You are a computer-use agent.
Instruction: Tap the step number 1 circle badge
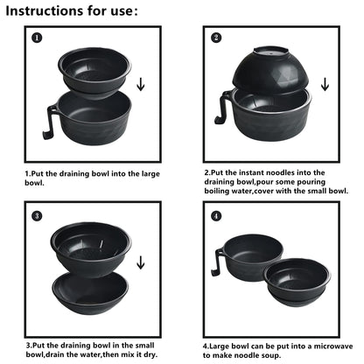(36, 38)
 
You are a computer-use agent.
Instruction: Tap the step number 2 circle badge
(216, 38)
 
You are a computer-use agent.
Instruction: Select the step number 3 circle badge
(36, 215)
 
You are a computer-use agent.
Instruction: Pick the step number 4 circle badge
(216, 215)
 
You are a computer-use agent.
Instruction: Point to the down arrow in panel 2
(325, 85)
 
